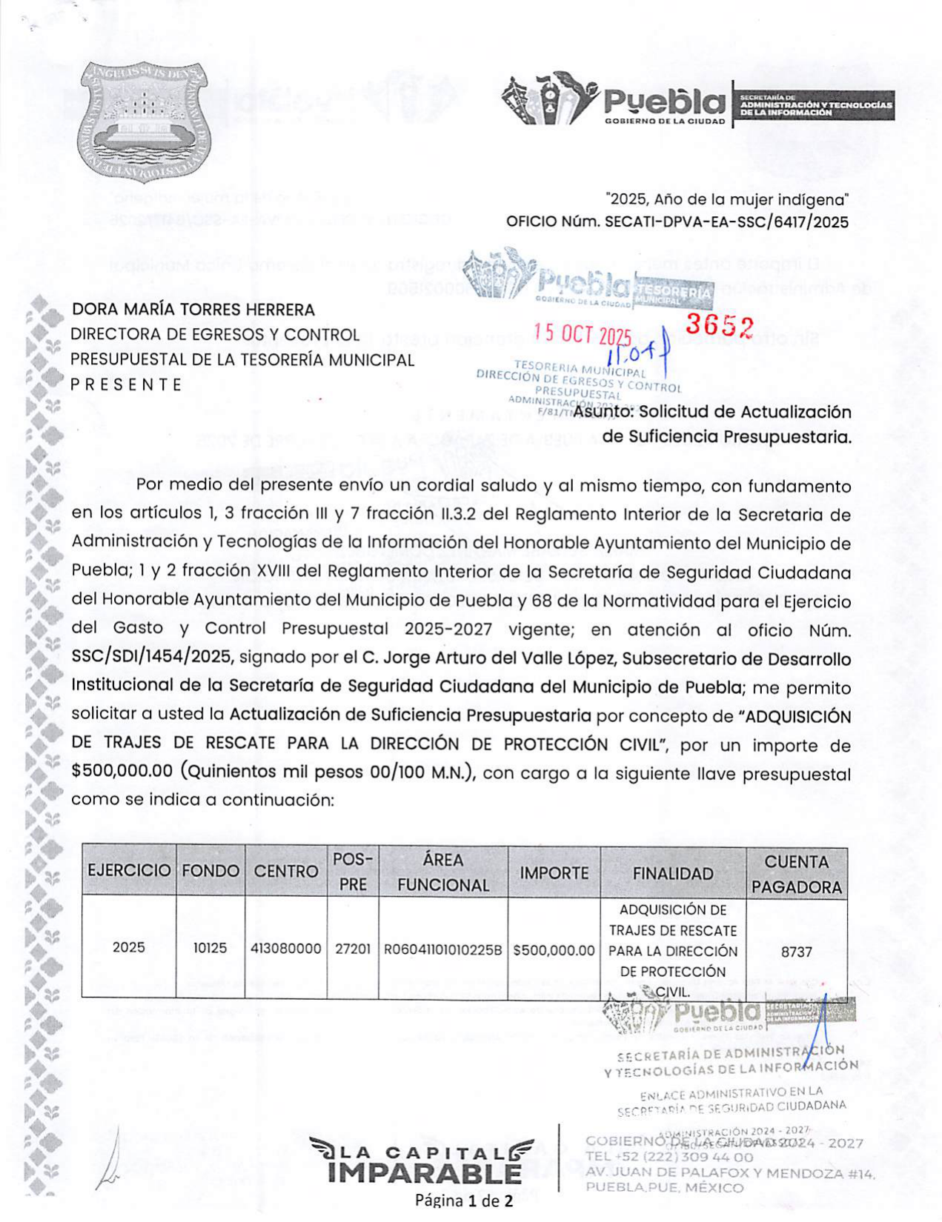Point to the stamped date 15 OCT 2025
(583, 335)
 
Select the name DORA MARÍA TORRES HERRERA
(193, 310)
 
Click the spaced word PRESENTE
(126, 385)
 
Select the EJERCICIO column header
(129, 871)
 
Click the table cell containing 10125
(210, 948)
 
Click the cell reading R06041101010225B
(442, 949)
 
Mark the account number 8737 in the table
(797, 952)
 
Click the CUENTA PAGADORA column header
(797, 874)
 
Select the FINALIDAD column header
(673, 874)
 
